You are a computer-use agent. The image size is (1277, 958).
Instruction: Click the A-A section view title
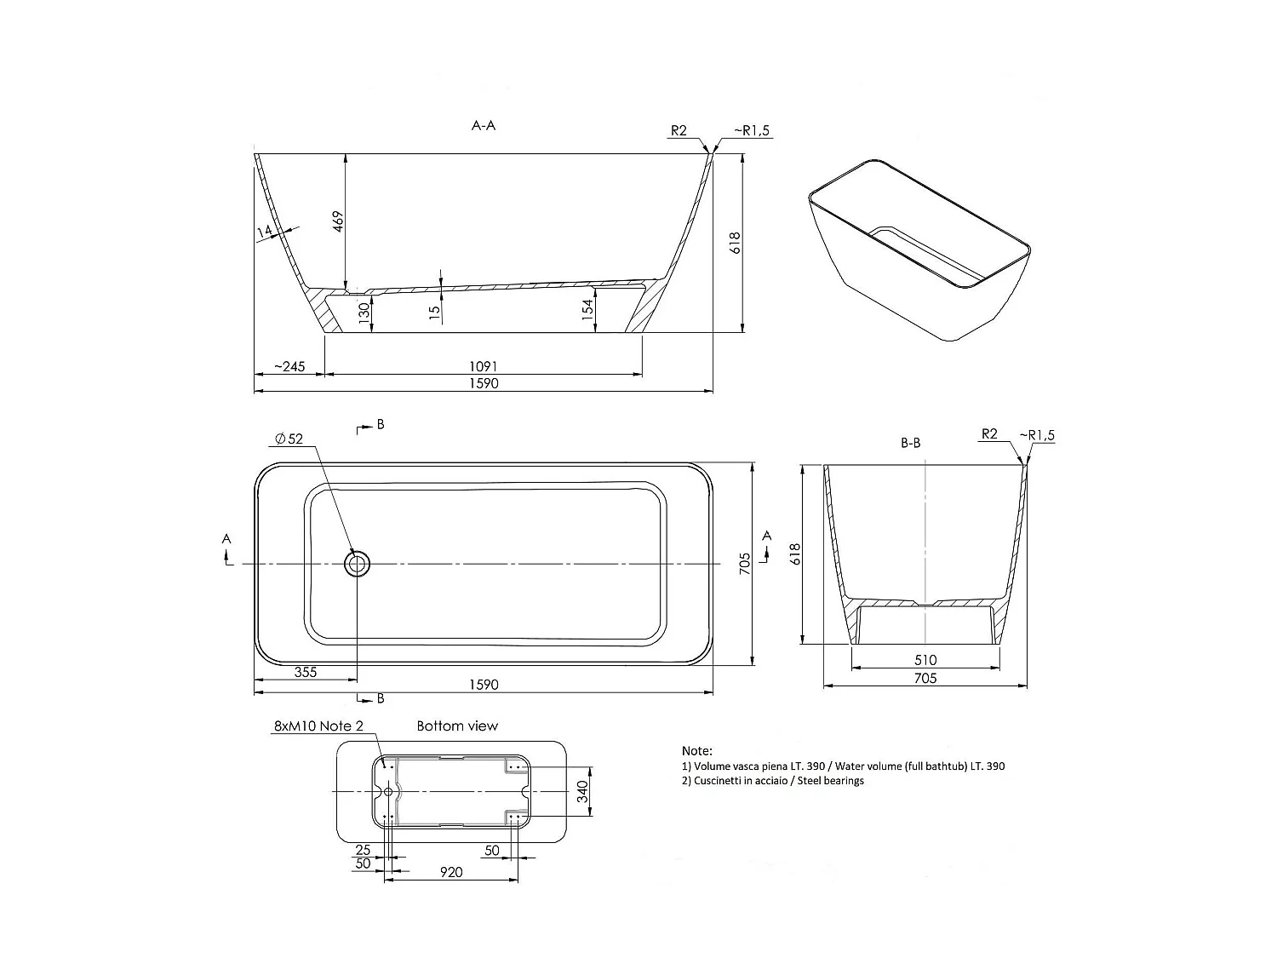tap(483, 125)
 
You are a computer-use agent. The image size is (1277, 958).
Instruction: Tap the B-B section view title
tap(910, 443)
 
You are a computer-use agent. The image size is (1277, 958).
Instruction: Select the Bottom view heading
tap(457, 726)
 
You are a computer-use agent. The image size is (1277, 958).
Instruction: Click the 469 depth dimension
tap(338, 221)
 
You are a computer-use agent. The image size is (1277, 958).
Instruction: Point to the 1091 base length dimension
tap(484, 366)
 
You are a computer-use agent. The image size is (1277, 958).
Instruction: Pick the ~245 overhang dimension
tap(289, 366)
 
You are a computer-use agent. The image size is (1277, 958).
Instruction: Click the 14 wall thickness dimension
tap(265, 232)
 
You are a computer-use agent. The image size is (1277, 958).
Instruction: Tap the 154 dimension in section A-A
tap(587, 307)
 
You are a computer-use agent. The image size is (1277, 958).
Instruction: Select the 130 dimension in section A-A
tap(364, 313)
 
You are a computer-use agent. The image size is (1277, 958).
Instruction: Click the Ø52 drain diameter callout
tap(289, 439)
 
